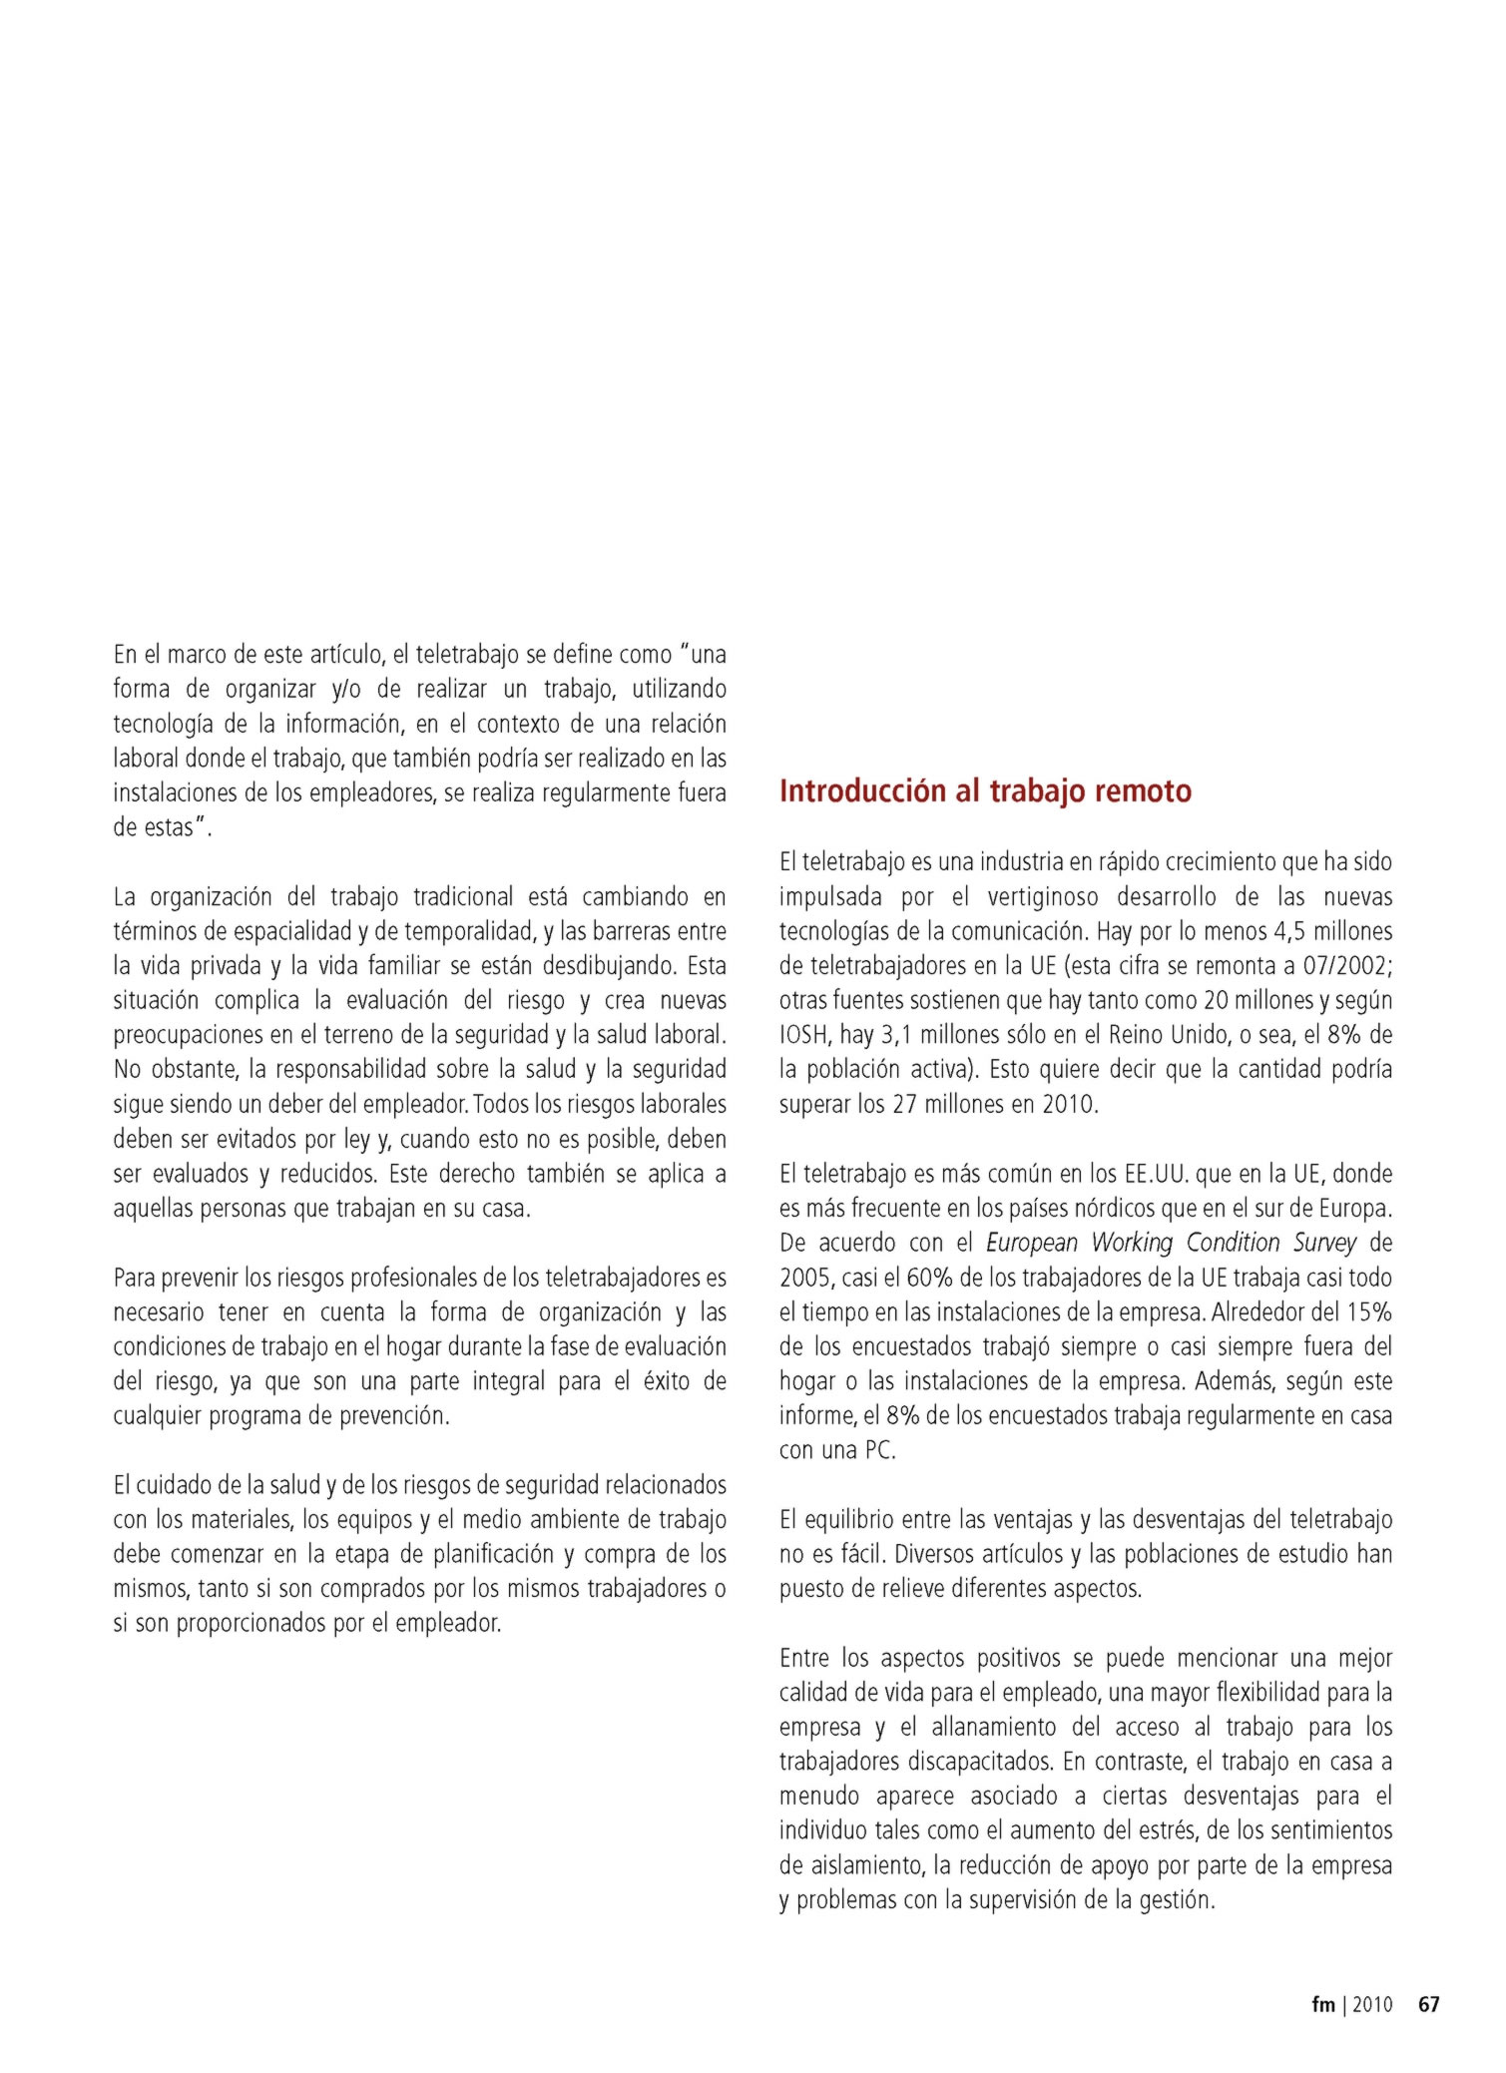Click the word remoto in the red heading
click(1143, 791)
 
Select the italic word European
click(1033, 1243)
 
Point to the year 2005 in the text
click(806, 1278)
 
